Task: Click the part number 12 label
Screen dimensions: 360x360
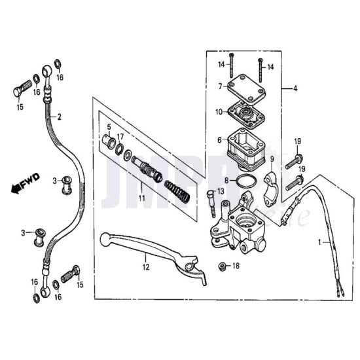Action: tap(146, 267)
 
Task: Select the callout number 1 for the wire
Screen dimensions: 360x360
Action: tap(319, 242)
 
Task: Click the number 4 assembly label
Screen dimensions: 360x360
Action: tap(295, 88)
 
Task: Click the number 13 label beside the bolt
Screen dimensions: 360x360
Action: tap(221, 191)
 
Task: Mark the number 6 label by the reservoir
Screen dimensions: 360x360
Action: tap(219, 139)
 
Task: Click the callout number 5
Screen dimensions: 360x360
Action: tap(109, 126)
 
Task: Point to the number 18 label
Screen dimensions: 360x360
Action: tap(236, 266)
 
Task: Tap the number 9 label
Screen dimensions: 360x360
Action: tap(272, 158)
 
